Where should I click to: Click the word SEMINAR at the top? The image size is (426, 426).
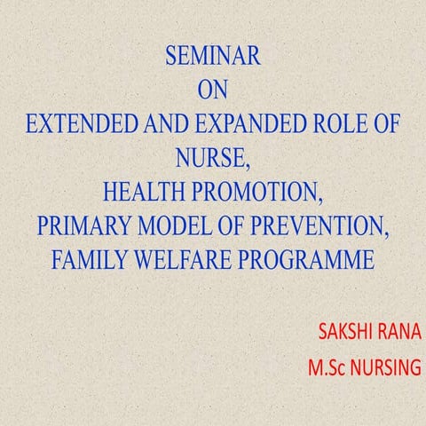coord(212,58)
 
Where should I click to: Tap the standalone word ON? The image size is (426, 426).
coord(213,90)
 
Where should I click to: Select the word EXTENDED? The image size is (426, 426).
coord(77,122)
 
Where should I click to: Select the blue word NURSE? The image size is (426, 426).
coord(211,156)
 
